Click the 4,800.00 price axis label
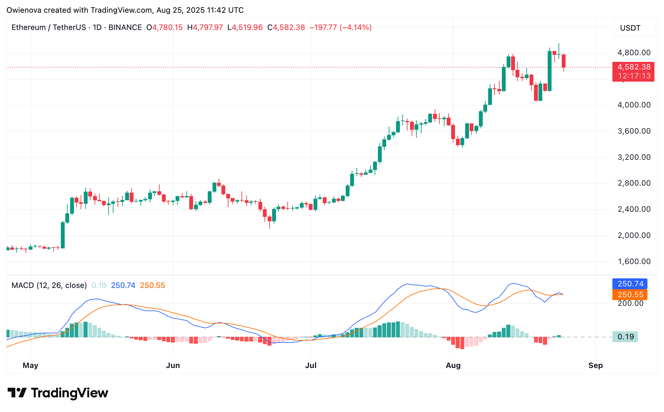(634, 53)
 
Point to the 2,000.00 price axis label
(634, 235)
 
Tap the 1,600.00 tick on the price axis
(634, 261)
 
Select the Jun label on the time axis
(173, 365)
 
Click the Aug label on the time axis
(453, 365)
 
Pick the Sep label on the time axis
(595, 365)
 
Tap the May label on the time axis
(30, 365)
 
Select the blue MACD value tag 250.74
(630, 284)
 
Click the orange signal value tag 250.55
(630, 295)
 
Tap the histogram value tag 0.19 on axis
(625, 337)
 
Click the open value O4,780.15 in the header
(165, 27)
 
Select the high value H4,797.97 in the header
(205, 27)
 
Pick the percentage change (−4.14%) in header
(356, 27)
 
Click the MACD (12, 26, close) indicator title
(49, 285)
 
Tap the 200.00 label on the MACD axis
(631, 303)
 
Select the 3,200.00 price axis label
(634, 157)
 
